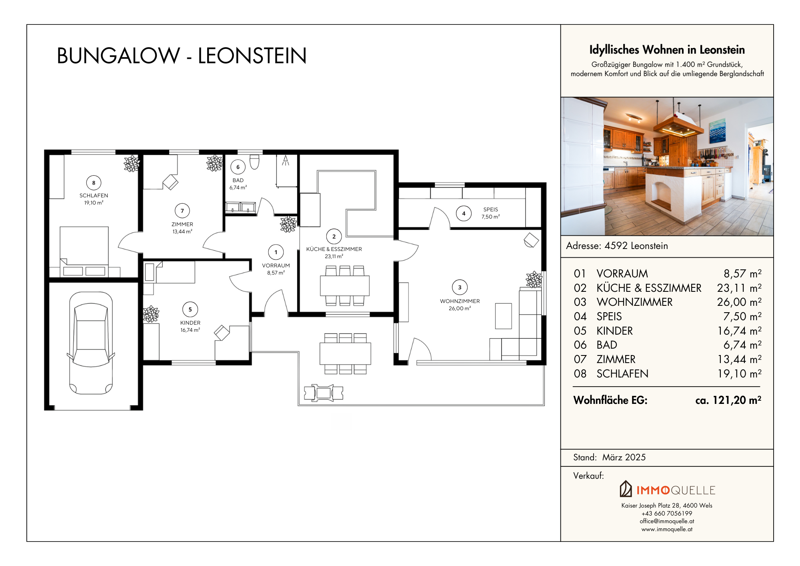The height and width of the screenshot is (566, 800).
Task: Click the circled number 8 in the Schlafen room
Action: point(94,183)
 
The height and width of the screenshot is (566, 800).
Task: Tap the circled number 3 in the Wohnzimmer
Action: point(460,287)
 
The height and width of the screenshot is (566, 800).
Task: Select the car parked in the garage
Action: point(91,343)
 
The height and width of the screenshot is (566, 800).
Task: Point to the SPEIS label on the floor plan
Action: point(490,209)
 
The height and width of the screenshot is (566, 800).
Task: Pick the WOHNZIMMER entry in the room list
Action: point(634,302)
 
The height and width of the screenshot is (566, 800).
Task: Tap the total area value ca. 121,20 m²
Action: point(728,400)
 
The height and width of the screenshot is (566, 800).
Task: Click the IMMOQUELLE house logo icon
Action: point(626,489)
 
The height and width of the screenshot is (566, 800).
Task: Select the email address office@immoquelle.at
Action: point(667,521)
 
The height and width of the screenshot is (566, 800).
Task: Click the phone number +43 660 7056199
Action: point(667,514)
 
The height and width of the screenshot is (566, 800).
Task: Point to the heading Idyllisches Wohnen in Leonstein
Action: point(667,50)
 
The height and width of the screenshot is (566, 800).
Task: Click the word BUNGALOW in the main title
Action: point(118,56)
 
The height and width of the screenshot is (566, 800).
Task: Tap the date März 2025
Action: point(624,457)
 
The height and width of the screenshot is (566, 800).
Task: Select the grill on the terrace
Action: point(324,393)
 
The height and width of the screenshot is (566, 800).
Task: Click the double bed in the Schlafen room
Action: point(84,251)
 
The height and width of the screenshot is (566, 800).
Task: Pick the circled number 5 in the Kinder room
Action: point(190,309)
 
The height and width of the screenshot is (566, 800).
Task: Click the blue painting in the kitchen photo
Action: point(717,130)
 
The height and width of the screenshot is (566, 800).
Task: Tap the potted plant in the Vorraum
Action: point(288,224)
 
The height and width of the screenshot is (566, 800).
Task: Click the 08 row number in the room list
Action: point(580,374)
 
